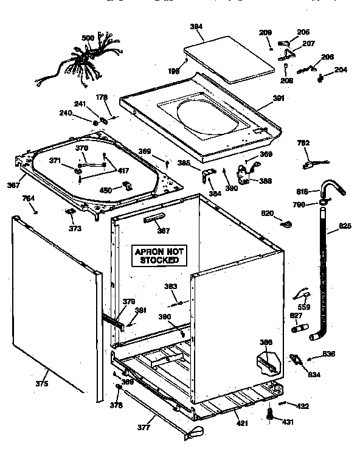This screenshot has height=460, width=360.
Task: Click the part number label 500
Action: coord(88,38)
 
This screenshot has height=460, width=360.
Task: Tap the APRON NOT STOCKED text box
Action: coord(159,256)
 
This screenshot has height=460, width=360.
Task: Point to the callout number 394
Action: coord(196,27)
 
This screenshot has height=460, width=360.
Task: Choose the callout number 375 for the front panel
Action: coord(42,383)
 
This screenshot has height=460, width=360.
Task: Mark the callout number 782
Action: coord(303,143)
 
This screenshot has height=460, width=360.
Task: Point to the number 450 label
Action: coord(105,190)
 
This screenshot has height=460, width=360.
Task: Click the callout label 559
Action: coord(303,307)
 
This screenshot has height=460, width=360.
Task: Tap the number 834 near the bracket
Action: coord(314,374)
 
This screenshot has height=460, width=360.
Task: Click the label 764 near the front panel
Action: coord(29,198)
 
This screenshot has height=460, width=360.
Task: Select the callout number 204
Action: coord(341,70)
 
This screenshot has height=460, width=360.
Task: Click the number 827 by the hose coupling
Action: coord(296,315)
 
